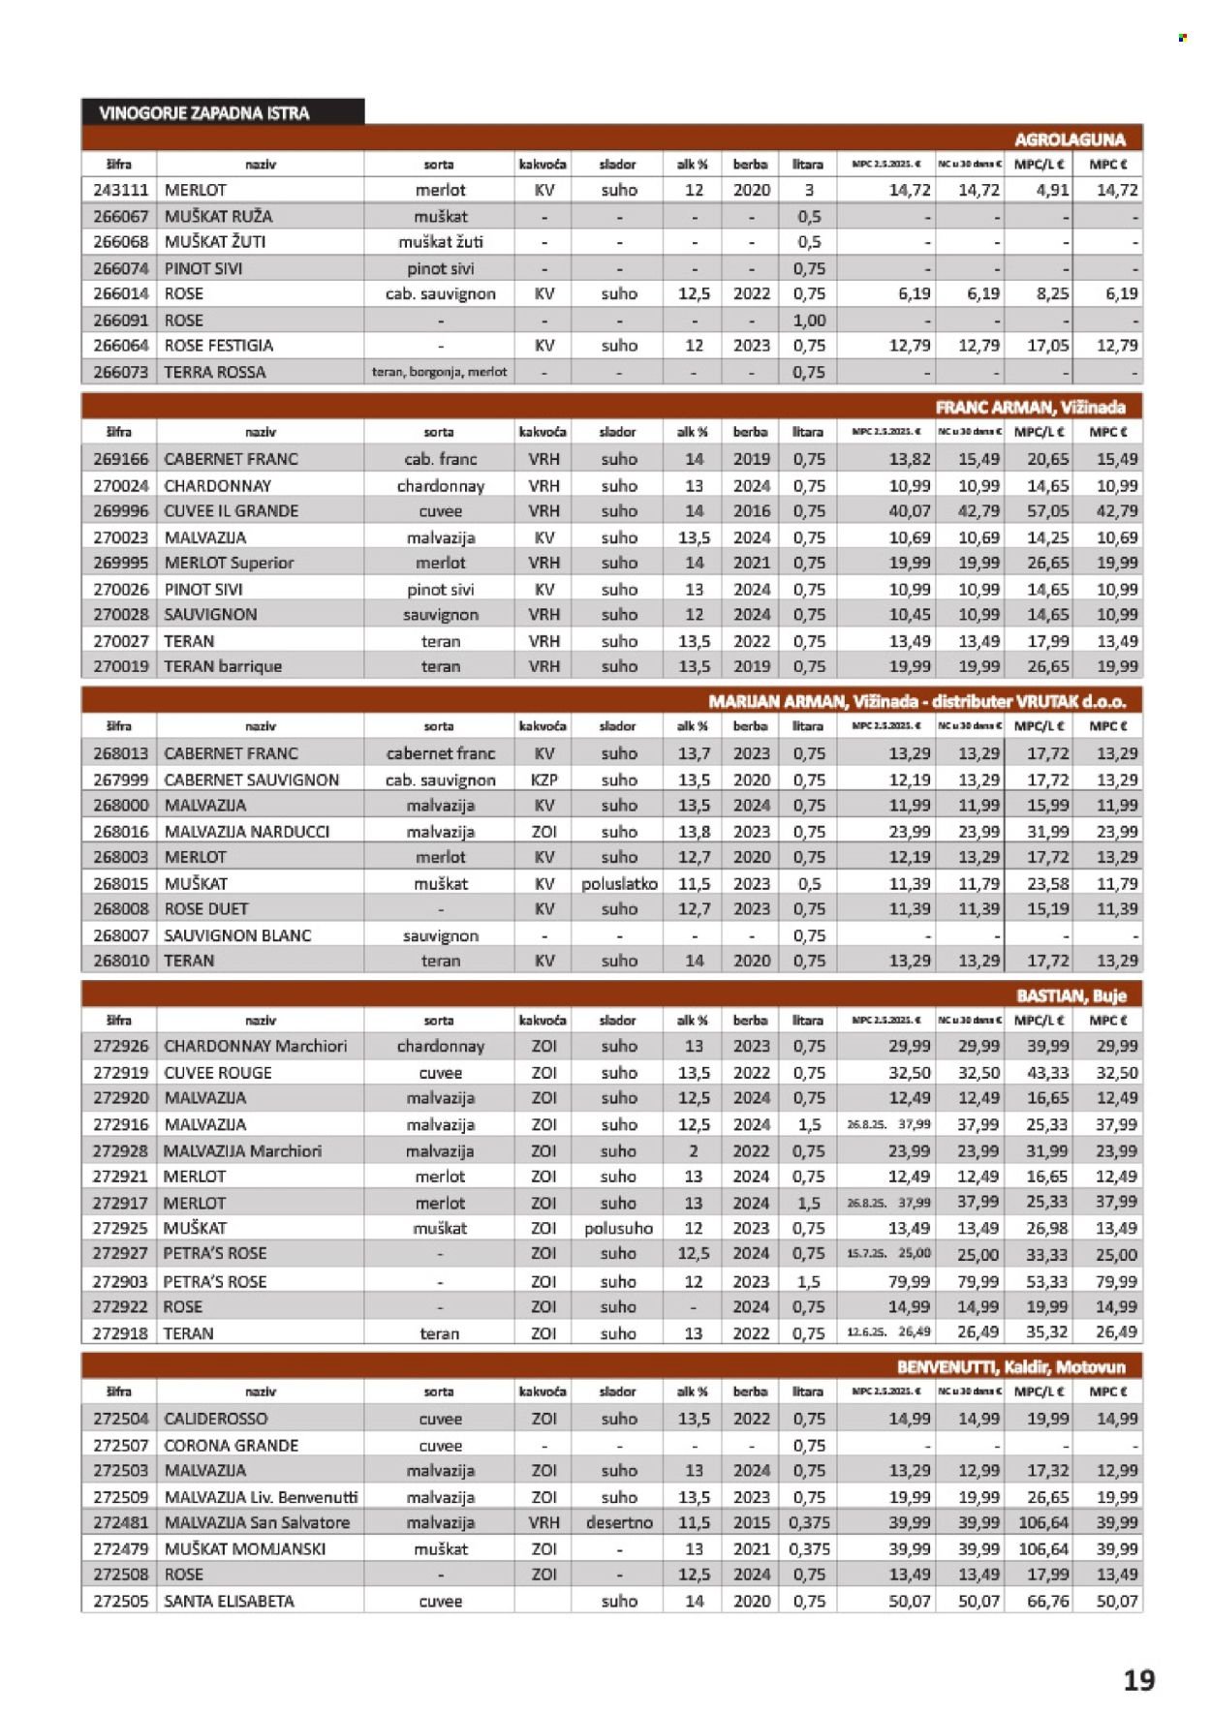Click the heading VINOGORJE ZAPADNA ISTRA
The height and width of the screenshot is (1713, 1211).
pos(203,113)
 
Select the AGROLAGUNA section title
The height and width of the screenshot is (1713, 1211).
pos(1070,139)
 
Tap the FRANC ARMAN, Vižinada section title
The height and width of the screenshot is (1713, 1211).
pos(1030,407)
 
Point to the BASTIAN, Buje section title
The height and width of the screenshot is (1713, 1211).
pos(1071,995)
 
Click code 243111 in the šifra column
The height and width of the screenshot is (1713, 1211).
pos(120,190)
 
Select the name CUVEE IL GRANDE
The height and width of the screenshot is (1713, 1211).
pos(231,510)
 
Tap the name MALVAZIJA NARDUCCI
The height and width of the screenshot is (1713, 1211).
pos(247,831)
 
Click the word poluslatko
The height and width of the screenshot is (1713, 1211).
pos(619,883)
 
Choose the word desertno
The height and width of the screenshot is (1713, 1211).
pos(619,1522)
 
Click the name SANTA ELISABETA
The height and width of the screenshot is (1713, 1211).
pos(229,1601)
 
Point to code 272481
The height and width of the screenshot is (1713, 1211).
pos(120,1522)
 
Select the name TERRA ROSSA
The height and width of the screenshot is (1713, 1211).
pos(214,372)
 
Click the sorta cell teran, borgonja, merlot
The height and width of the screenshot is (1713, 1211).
pos(439,372)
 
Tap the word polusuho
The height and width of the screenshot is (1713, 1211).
pos(618,1228)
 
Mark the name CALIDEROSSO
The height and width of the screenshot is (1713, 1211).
pos(216,1419)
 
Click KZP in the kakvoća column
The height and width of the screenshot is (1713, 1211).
pos(544,780)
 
